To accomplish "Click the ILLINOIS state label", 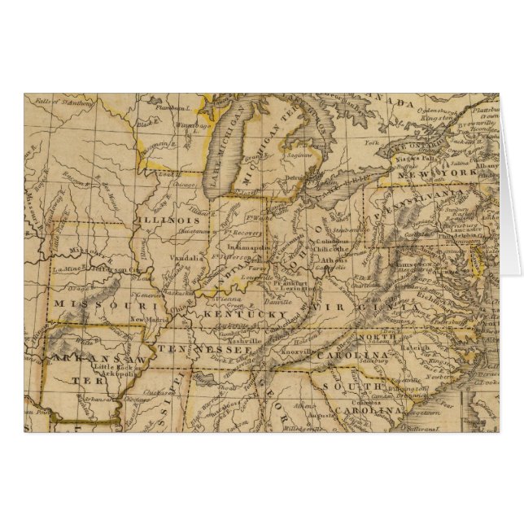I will [168, 221].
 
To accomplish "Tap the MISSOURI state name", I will [103, 303].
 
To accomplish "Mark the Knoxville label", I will [292, 343].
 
